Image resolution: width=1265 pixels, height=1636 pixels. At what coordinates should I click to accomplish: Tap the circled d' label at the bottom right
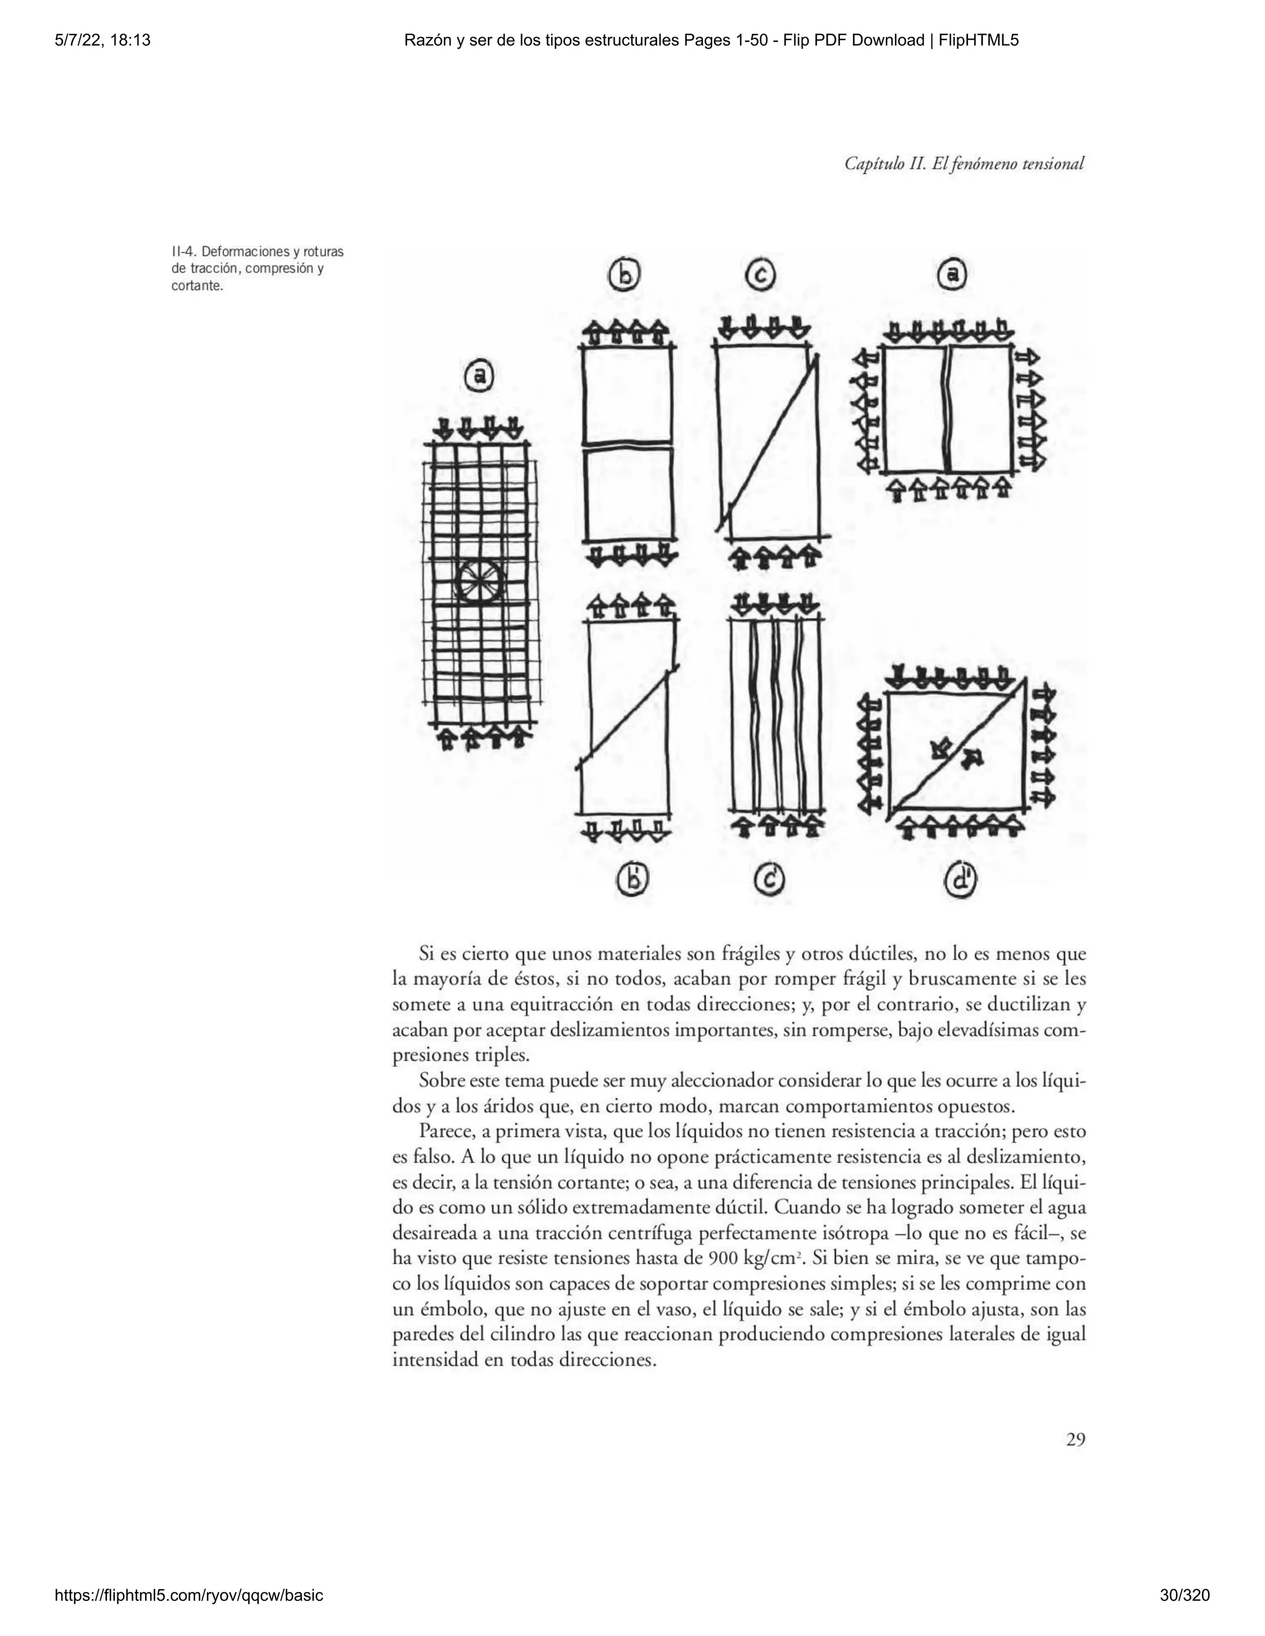tap(960, 881)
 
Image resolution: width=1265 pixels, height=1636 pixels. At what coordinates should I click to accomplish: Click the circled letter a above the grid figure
tap(479, 375)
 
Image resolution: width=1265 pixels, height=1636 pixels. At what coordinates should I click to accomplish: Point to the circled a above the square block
tap(952, 275)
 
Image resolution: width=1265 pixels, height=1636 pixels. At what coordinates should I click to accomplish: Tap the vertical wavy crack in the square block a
tap(948, 408)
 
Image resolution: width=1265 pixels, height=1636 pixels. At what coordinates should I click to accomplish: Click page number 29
tap(1075, 1440)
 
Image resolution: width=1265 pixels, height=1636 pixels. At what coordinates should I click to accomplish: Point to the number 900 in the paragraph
tap(721, 1258)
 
